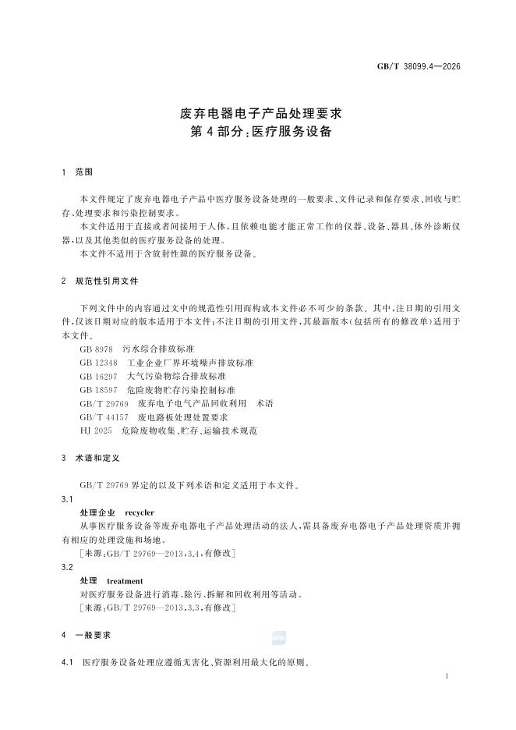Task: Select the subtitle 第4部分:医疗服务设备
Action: (x=256, y=132)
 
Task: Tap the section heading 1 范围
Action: (x=77, y=171)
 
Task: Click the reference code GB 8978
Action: (x=97, y=350)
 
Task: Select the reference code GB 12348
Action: (x=99, y=363)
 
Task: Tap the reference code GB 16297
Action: (x=99, y=376)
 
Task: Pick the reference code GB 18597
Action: (x=99, y=389)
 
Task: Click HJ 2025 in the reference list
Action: (x=96, y=430)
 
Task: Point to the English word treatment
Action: (x=125, y=581)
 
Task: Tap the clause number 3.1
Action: (x=67, y=498)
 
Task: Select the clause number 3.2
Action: (x=67, y=568)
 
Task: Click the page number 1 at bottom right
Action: (x=446, y=678)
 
